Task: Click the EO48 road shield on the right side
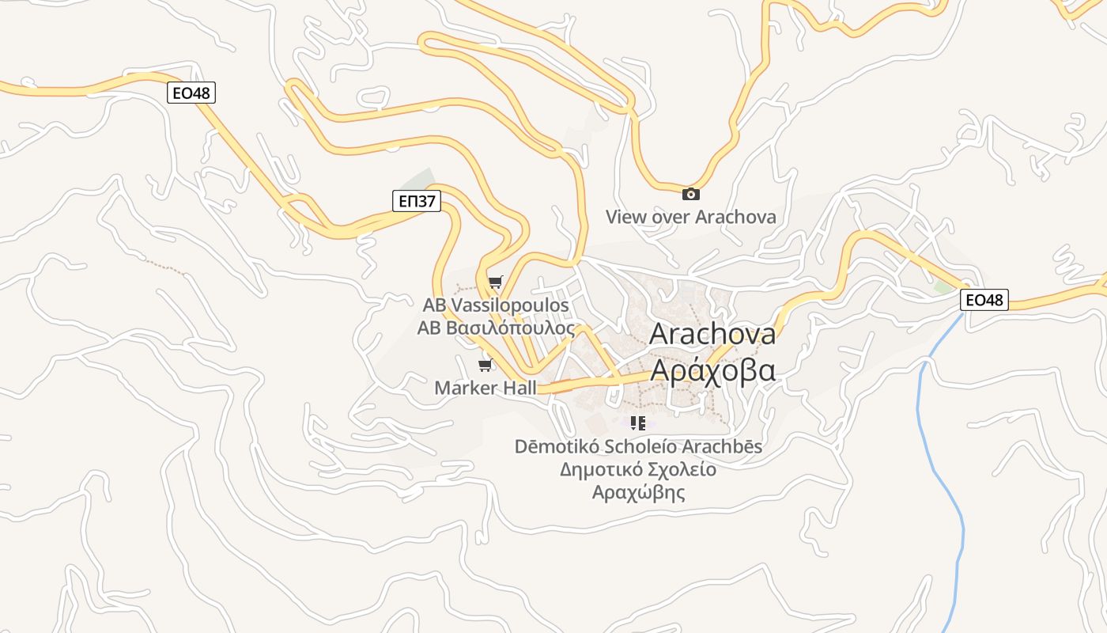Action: tap(984, 300)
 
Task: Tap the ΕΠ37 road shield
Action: tap(417, 201)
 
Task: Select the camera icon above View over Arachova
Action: tap(690, 194)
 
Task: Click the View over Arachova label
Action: tap(690, 217)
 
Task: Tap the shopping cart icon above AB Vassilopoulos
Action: tap(496, 282)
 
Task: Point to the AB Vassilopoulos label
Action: tap(496, 305)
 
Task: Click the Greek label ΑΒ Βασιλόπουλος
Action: tap(496, 328)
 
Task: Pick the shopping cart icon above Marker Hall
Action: tap(485, 365)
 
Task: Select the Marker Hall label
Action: tap(485, 388)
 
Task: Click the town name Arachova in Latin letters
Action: tap(712, 334)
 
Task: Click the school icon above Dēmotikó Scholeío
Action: tap(638, 423)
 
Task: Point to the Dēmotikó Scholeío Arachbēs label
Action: tap(638, 446)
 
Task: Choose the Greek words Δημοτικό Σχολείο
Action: tap(638, 469)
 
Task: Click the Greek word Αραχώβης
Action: tap(638, 492)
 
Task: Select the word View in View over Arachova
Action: tap(625, 217)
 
